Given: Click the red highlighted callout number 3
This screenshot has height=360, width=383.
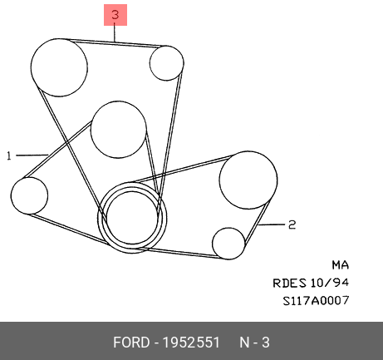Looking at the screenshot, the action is point(115,15).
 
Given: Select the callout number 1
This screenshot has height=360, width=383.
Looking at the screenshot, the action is point(9,155).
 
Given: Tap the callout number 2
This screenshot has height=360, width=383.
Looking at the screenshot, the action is point(292,224).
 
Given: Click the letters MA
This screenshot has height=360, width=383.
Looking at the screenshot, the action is point(341,265).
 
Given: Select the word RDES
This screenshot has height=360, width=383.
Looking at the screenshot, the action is point(289,283).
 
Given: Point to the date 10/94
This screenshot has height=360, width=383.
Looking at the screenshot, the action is point(329,283).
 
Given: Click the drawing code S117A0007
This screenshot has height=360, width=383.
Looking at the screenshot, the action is point(316,301).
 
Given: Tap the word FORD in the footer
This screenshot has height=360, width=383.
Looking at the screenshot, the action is point(131,343).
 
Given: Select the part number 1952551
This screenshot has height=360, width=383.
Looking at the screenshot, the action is point(191,343).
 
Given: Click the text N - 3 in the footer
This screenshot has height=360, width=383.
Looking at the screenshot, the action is point(254,343).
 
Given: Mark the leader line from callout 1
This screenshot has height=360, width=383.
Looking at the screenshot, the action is point(32,155).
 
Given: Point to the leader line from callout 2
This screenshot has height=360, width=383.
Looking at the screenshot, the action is point(272,224).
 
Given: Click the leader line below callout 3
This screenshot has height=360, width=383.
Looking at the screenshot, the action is point(115,33).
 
